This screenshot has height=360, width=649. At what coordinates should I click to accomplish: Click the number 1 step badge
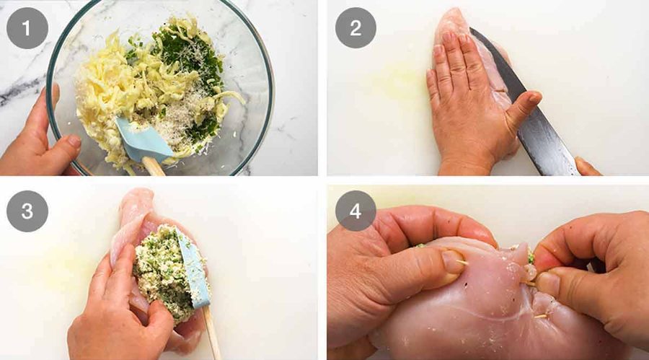click(x=27, y=28)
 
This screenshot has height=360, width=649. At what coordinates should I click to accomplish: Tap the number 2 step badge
click(x=356, y=28)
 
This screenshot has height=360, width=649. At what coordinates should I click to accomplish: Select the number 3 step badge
click(x=27, y=211)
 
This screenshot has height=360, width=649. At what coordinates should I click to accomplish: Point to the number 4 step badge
click(x=356, y=211)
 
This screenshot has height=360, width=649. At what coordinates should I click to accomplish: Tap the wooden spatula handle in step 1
click(x=154, y=166)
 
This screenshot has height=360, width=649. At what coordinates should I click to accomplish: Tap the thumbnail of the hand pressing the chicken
click(x=534, y=98)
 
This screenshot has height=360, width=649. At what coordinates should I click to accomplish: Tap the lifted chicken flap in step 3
click(x=133, y=224)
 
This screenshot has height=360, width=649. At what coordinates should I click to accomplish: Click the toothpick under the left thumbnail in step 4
click(x=462, y=262)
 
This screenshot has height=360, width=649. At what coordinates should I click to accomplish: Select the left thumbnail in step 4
click(x=452, y=262)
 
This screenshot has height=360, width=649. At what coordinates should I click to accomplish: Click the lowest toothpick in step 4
click(x=540, y=316)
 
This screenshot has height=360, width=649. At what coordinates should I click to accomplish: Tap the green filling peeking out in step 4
click(x=530, y=258)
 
